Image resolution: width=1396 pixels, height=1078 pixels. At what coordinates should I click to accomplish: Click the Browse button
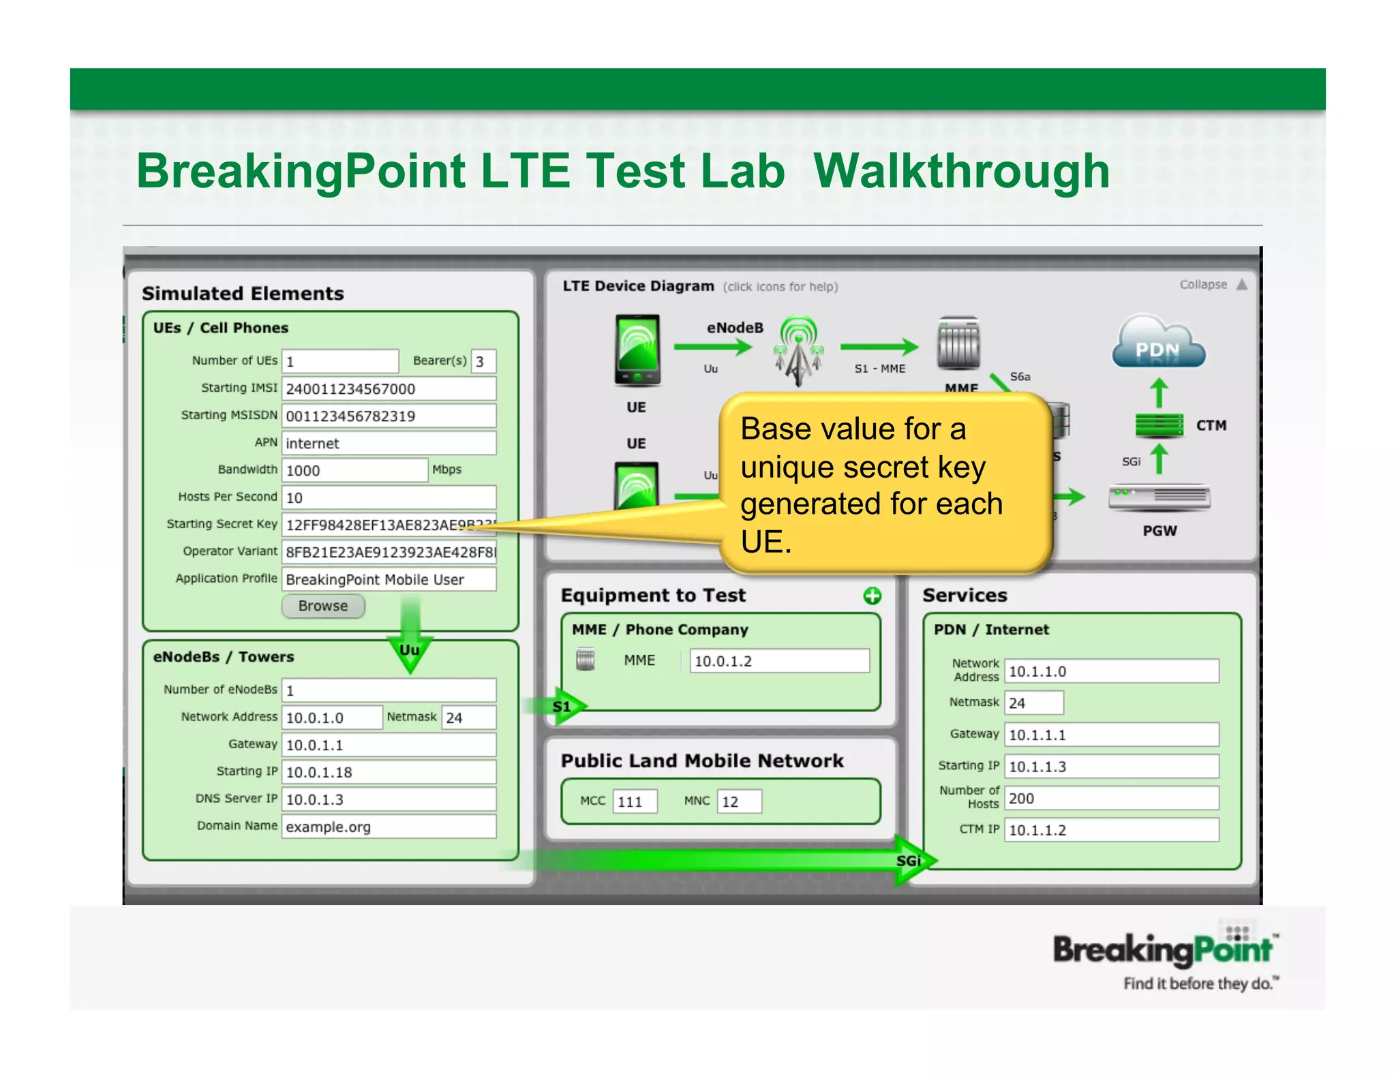[323, 606]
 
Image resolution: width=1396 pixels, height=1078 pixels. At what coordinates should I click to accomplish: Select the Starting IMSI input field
[389, 388]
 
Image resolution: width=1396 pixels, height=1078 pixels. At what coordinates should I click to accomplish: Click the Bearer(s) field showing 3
[483, 361]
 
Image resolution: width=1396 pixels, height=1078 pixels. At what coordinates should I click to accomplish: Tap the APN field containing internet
[389, 443]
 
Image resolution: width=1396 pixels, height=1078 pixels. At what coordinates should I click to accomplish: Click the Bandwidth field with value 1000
[354, 470]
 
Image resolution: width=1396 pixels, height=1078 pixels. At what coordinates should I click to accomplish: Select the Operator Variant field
[389, 552]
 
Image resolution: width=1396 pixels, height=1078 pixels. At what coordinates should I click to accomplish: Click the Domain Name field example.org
[389, 827]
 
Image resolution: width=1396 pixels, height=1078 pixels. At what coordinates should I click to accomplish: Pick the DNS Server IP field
[389, 799]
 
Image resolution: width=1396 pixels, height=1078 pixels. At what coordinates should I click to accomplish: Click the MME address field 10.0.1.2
[779, 661]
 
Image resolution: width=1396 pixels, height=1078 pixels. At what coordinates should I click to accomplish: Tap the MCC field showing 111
[635, 801]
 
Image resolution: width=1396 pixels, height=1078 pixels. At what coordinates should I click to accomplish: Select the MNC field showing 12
[739, 801]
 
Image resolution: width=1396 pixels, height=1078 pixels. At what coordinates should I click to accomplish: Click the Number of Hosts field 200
[1111, 798]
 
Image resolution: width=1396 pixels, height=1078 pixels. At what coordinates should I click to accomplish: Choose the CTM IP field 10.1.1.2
[1111, 830]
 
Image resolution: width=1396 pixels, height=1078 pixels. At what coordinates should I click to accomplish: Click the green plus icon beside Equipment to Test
[872, 596]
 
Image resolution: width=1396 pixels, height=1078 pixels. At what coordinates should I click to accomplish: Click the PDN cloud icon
[1158, 344]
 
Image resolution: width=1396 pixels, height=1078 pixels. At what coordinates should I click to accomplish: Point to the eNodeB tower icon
[798, 350]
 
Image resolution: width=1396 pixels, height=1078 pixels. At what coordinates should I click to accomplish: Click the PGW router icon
[1159, 497]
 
